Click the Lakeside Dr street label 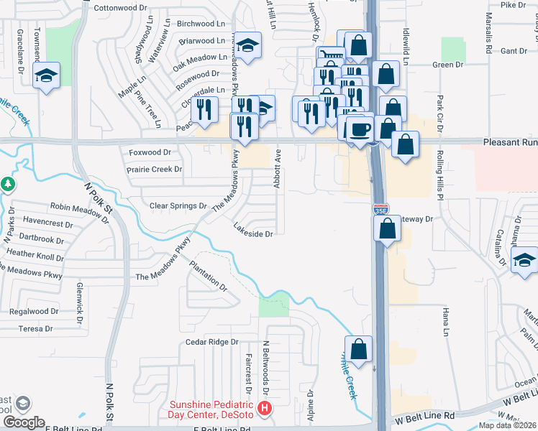coord(253,234)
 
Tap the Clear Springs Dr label coord(178,206)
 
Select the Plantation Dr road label coord(209,276)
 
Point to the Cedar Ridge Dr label coord(211,343)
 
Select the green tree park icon coord(8,184)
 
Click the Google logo coord(24,422)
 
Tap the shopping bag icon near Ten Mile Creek coord(358,349)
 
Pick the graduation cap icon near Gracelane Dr coord(47,75)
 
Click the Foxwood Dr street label coord(150,153)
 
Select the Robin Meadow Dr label coord(78,206)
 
